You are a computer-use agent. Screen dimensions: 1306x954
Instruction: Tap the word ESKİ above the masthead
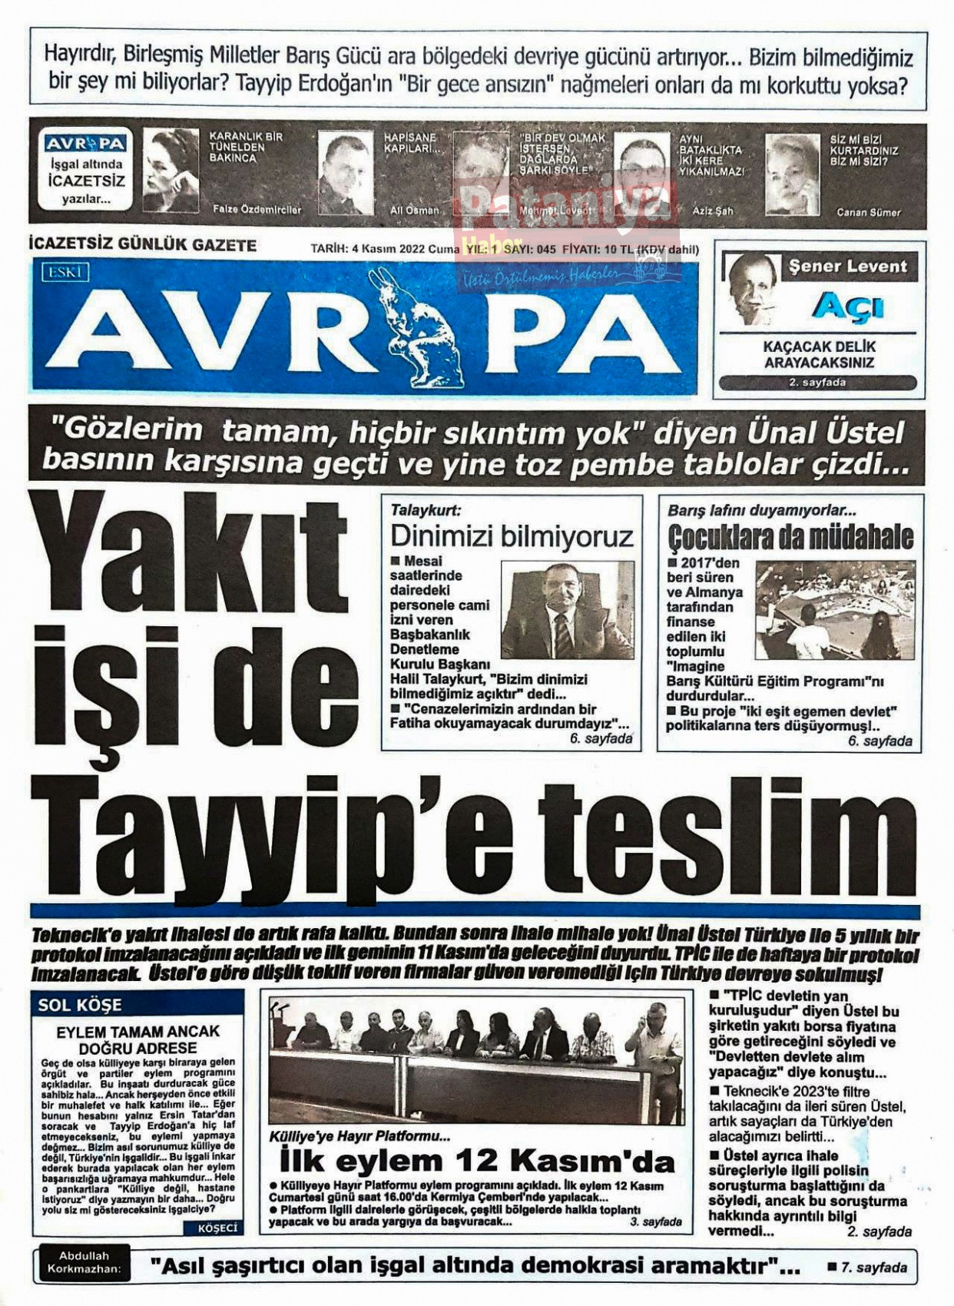(65, 272)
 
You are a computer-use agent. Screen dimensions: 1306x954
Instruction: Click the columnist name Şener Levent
(848, 267)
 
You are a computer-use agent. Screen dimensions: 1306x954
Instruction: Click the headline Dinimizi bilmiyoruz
(512, 535)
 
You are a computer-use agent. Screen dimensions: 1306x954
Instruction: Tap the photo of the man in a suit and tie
(568, 610)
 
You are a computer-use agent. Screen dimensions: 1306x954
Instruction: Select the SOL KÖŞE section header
(80, 1004)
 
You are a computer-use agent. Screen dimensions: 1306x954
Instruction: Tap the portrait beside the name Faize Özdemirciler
(171, 171)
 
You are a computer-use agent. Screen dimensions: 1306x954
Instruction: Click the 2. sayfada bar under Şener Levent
(817, 382)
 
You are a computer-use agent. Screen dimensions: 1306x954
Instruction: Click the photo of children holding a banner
(834, 610)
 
